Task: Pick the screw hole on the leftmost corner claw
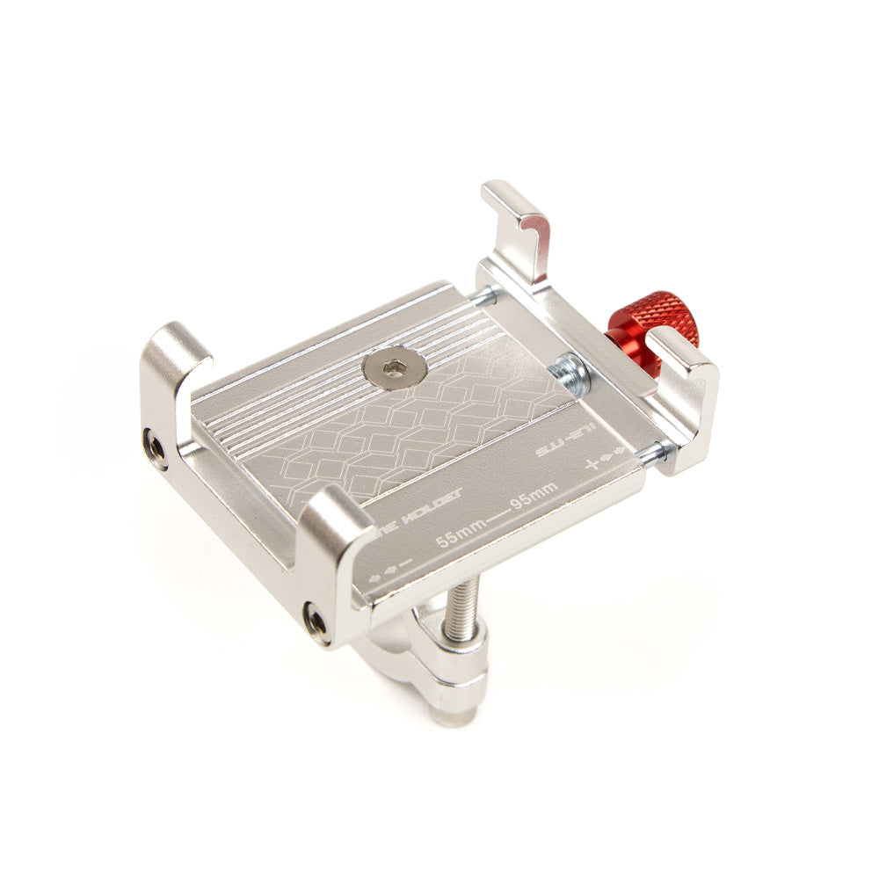[156, 449]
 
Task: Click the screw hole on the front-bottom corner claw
[315, 621]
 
